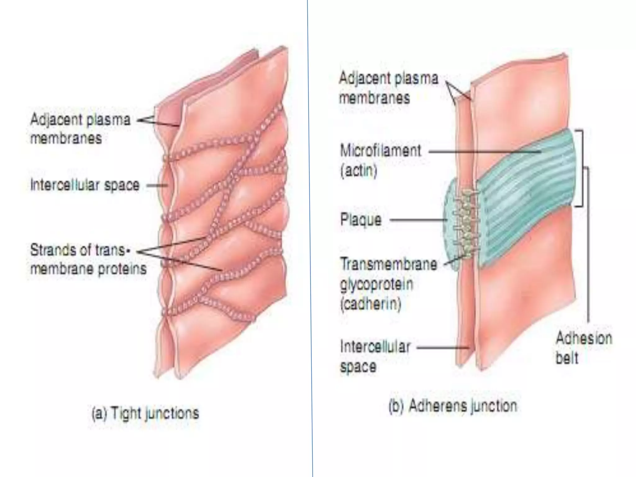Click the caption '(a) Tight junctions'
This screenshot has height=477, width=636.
coord(145,413)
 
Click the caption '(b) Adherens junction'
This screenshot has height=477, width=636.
coord(453,406)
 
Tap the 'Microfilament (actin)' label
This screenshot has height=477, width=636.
coord(380,160)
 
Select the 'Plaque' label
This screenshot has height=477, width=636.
coord(361,220)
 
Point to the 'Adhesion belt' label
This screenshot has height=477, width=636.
coord(583,348)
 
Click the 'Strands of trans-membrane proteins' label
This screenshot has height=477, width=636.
coord(88,259)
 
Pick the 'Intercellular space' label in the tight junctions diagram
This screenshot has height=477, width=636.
coord(85,185)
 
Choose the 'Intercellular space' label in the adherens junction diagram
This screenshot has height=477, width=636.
coord(375,356)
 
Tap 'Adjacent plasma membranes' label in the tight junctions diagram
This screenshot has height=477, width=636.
coord(80,129)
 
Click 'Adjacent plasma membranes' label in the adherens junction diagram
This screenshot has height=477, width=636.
coord(388,88)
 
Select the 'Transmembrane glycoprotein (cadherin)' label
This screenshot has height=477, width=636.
coord(388,284)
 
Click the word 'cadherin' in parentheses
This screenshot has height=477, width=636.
coord(371,303)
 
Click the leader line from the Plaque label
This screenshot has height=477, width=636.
coord(418,220)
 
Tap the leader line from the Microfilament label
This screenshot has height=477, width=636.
coord(484,152)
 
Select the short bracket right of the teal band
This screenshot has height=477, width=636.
coord(580,168)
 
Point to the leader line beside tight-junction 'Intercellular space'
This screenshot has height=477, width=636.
coord(157,186)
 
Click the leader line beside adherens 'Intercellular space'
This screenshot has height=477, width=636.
coord(443,348)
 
